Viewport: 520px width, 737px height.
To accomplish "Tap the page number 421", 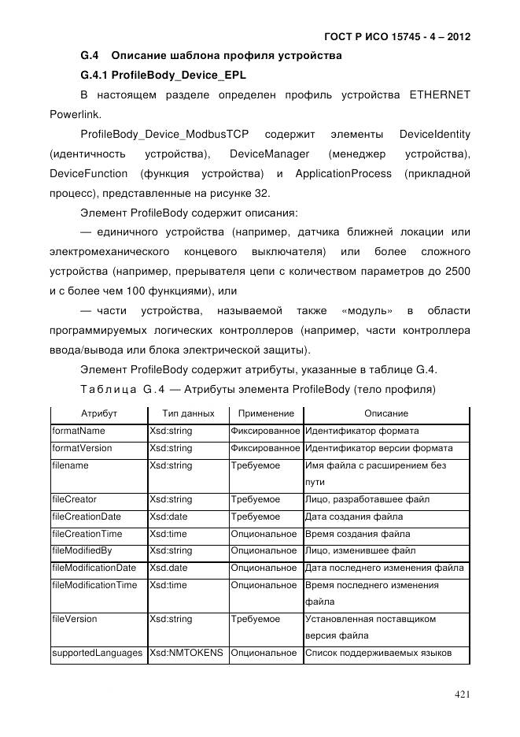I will tap(462, 694).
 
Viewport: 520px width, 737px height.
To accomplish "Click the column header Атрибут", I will tap(99, 413).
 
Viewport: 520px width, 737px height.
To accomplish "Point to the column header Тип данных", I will tap(187, 413).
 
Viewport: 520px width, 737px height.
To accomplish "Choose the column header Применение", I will tap(265, 413).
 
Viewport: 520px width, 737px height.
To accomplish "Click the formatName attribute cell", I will tap(79, 431).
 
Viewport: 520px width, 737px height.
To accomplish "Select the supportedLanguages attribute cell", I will tap(98, 653).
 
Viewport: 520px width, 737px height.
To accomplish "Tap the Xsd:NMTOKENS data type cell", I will tap(186, 653).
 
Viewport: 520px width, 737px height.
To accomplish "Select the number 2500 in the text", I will tap(456, 271).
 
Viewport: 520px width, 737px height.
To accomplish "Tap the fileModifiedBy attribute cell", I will tap(84, 550).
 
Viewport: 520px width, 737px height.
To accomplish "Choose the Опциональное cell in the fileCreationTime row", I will tap(264, 534).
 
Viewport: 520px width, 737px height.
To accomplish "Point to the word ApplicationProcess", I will tap(341, 172).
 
